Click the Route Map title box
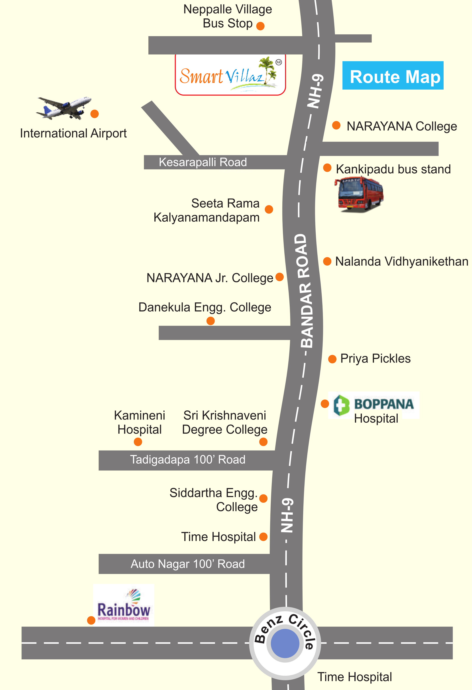pos(393,75)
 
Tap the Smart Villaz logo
pos(230,75)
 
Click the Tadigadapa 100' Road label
pos(188,460)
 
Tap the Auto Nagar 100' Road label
pos(188,564)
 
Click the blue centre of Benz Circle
pos(285,643)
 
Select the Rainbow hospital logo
pos(124,606)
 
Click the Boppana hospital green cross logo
pos(341,405)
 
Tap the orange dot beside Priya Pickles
pos(332,359)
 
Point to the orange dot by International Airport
pos(94,114)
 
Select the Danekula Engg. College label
pos(205,307)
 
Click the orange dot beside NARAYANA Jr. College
pos(279,277)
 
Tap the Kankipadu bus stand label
pos(393,169)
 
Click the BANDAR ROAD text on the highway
pos(303,291)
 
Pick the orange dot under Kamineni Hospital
pos(138,442)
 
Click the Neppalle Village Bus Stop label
pos(228,16)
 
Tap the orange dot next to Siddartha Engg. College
pos(263,498)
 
